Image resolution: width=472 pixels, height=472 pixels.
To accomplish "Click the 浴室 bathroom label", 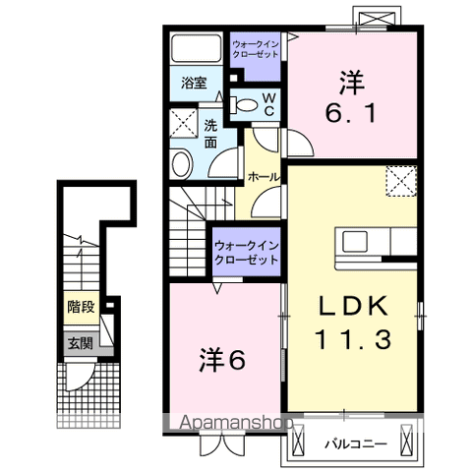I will [x=194, y=84].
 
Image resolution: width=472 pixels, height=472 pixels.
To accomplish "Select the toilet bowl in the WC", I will [x=246, y=101].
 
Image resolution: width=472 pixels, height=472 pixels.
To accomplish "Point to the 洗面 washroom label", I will [x=212, y=134].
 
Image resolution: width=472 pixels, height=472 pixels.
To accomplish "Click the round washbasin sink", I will [x=181, y=163].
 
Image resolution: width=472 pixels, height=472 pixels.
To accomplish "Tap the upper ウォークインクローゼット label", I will [x=255, y=48].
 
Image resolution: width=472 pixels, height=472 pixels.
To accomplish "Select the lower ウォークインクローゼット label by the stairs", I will [x=246, y=251].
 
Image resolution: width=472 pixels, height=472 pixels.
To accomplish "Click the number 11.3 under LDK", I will [x=354, y=340].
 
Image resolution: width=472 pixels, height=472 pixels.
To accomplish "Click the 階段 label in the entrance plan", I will [x=81, y=307].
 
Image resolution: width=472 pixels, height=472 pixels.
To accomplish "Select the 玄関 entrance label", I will [x=81, y=343].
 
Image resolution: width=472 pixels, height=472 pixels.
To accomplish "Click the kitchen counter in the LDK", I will [x=378, y=243].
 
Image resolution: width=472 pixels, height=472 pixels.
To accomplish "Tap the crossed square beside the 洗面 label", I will [x=182, y=124].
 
